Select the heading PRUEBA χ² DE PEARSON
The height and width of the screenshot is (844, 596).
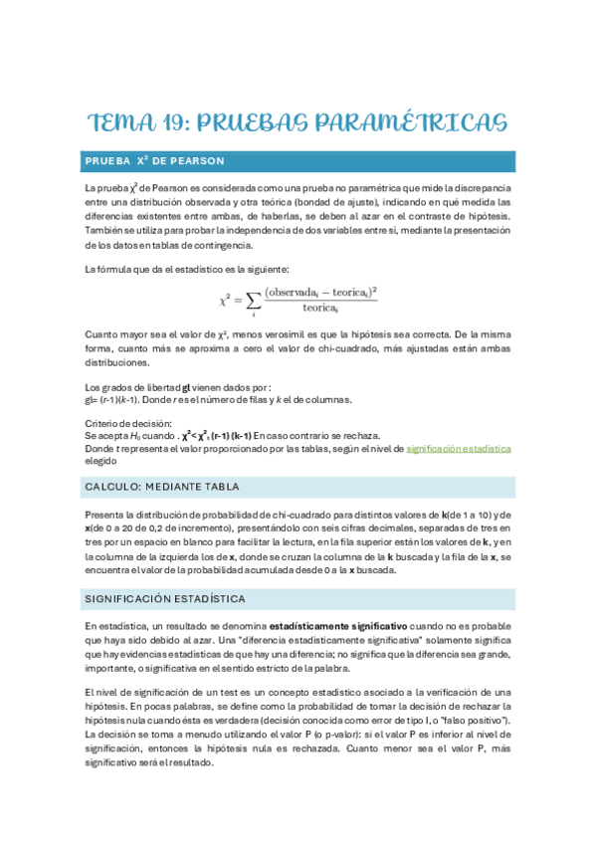154,160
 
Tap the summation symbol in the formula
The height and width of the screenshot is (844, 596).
254,298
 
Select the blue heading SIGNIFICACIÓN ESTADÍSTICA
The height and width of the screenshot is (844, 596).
165,598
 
